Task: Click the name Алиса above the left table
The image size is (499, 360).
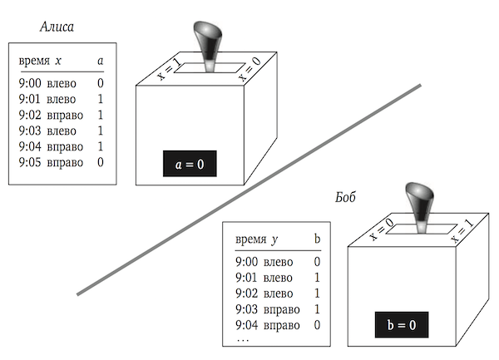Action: [x=57, y=27]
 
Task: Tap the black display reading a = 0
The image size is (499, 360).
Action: [x=190, y=165]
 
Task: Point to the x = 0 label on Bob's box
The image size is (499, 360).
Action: [x=380, y=229]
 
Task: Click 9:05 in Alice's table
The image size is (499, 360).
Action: [x=32, y=162]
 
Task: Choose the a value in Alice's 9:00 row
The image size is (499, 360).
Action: [x=100, y=83]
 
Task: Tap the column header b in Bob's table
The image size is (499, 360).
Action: [x=316, y=239]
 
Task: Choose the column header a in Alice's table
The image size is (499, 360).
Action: [x=100, y=62]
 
